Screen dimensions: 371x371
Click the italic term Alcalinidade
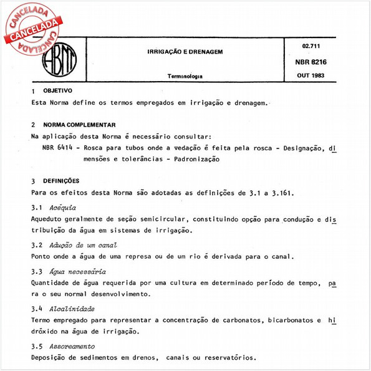click(72, 309)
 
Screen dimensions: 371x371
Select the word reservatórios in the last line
click(226, 358)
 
